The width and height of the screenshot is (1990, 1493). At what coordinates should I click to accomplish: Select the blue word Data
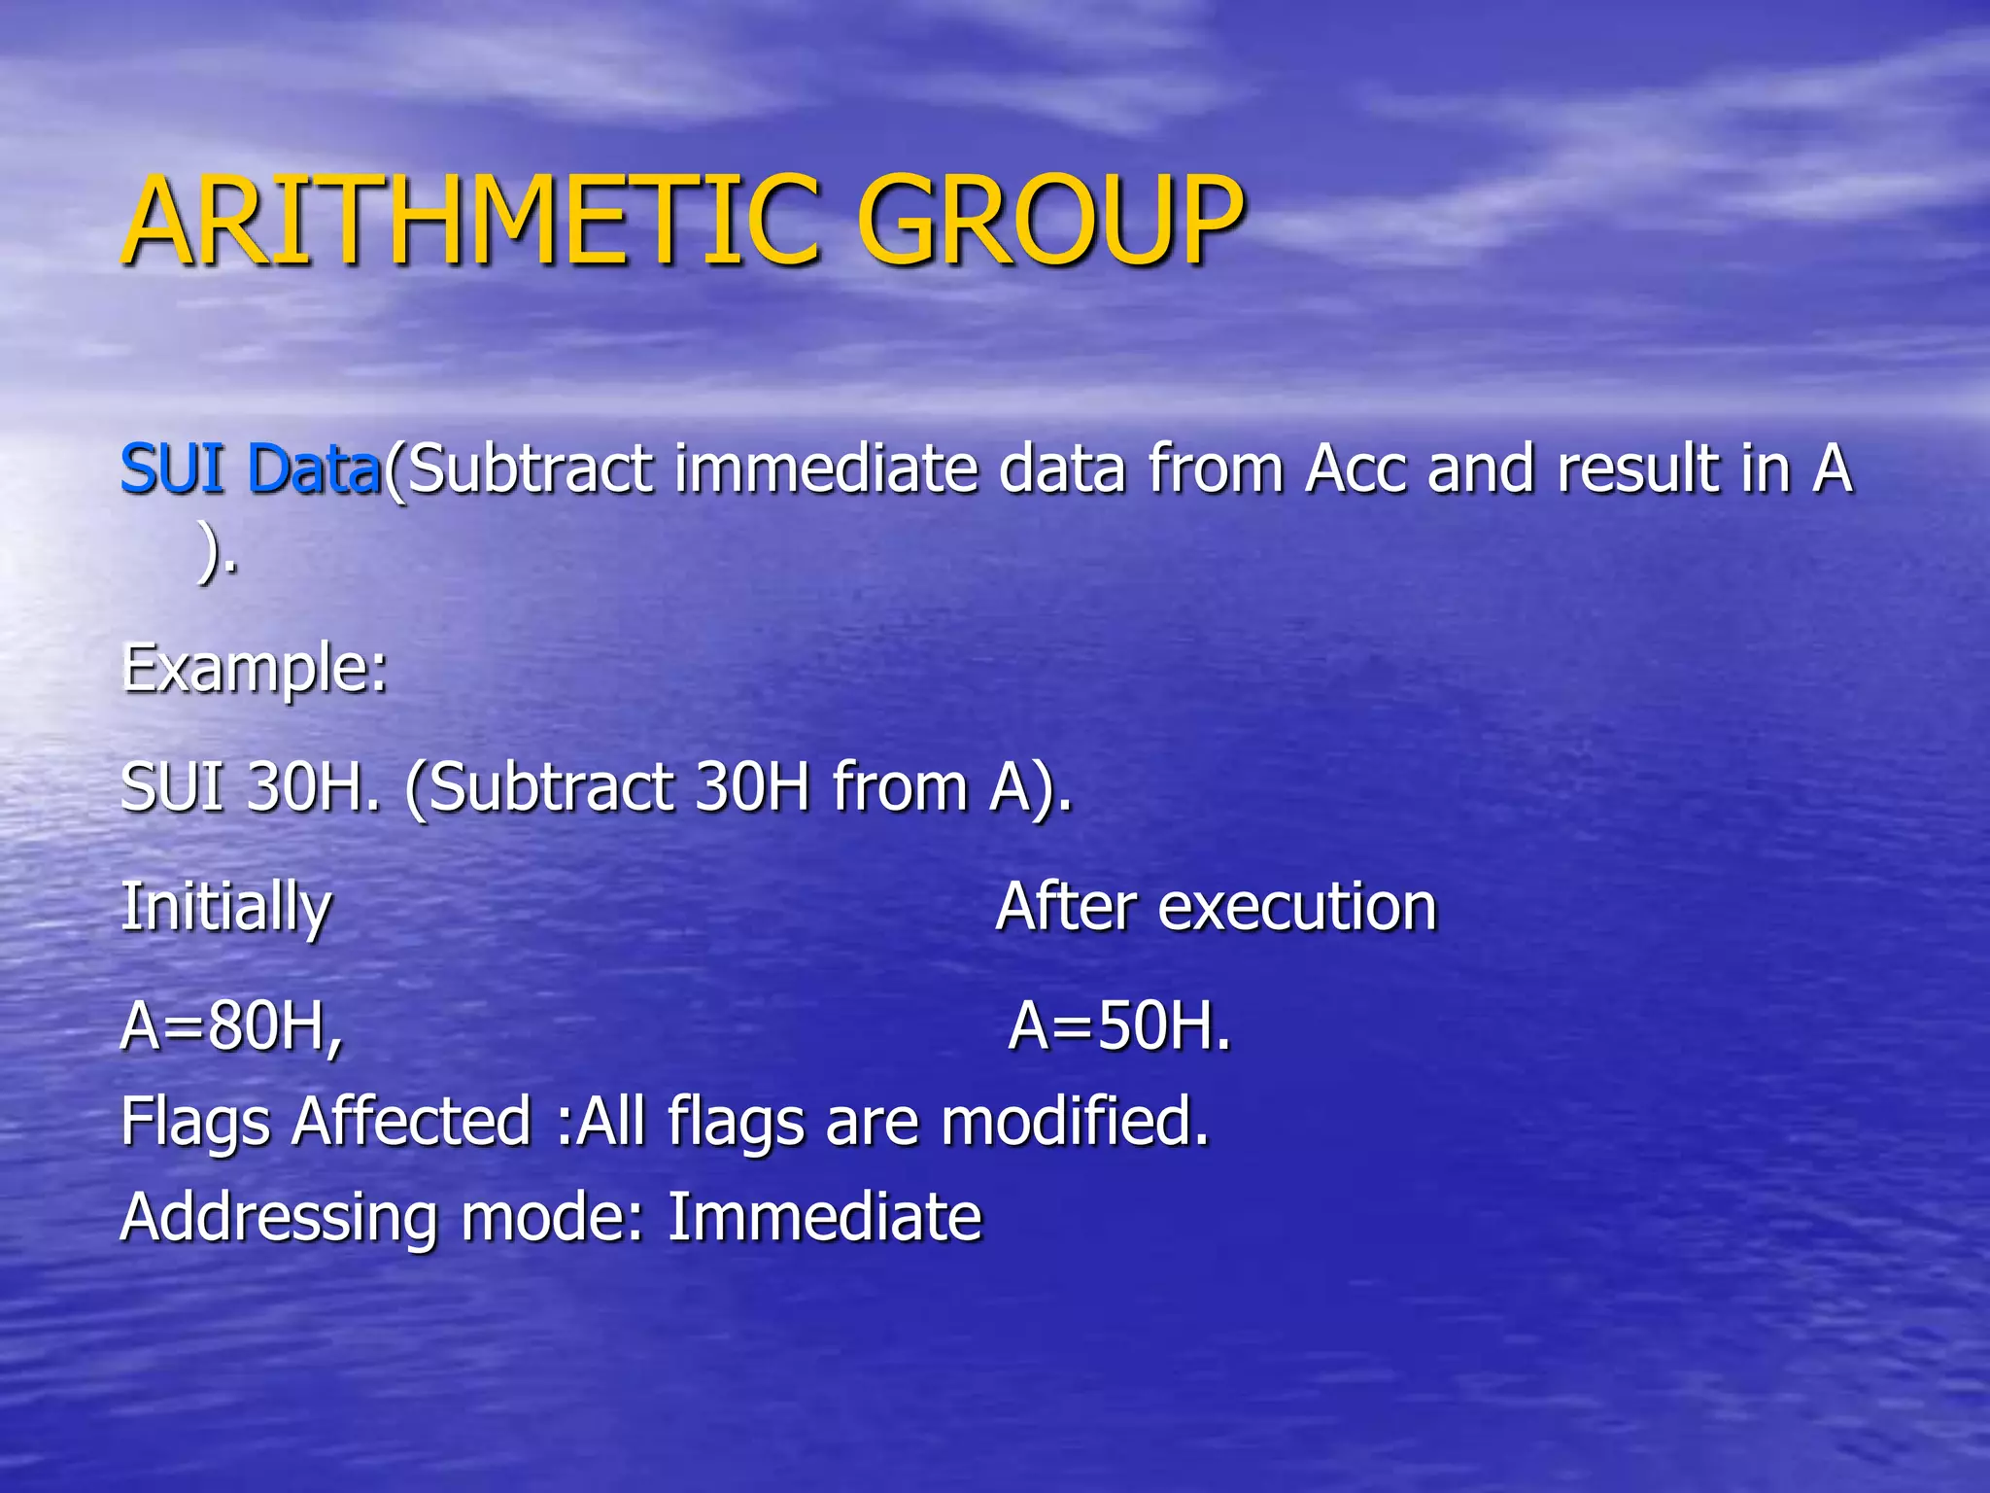coord(315,469)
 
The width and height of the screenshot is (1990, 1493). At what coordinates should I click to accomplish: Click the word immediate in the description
coord(826,469)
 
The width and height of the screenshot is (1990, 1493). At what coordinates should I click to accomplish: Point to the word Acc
coord(1355,469)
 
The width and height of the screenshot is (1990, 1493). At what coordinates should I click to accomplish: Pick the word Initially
coord(225,908)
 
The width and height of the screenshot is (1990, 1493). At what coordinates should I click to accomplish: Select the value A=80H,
coord(231,1026)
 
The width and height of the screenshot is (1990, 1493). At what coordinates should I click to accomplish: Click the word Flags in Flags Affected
coord(194,1122)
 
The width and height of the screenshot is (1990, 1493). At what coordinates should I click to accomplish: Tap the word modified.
coord(1074,1122)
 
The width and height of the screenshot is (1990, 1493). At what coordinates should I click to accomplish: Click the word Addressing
coord(278,1217)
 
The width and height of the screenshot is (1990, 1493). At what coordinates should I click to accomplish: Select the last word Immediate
coord(825,1217)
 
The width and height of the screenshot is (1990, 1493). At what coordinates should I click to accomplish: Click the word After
coord(1065,908)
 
